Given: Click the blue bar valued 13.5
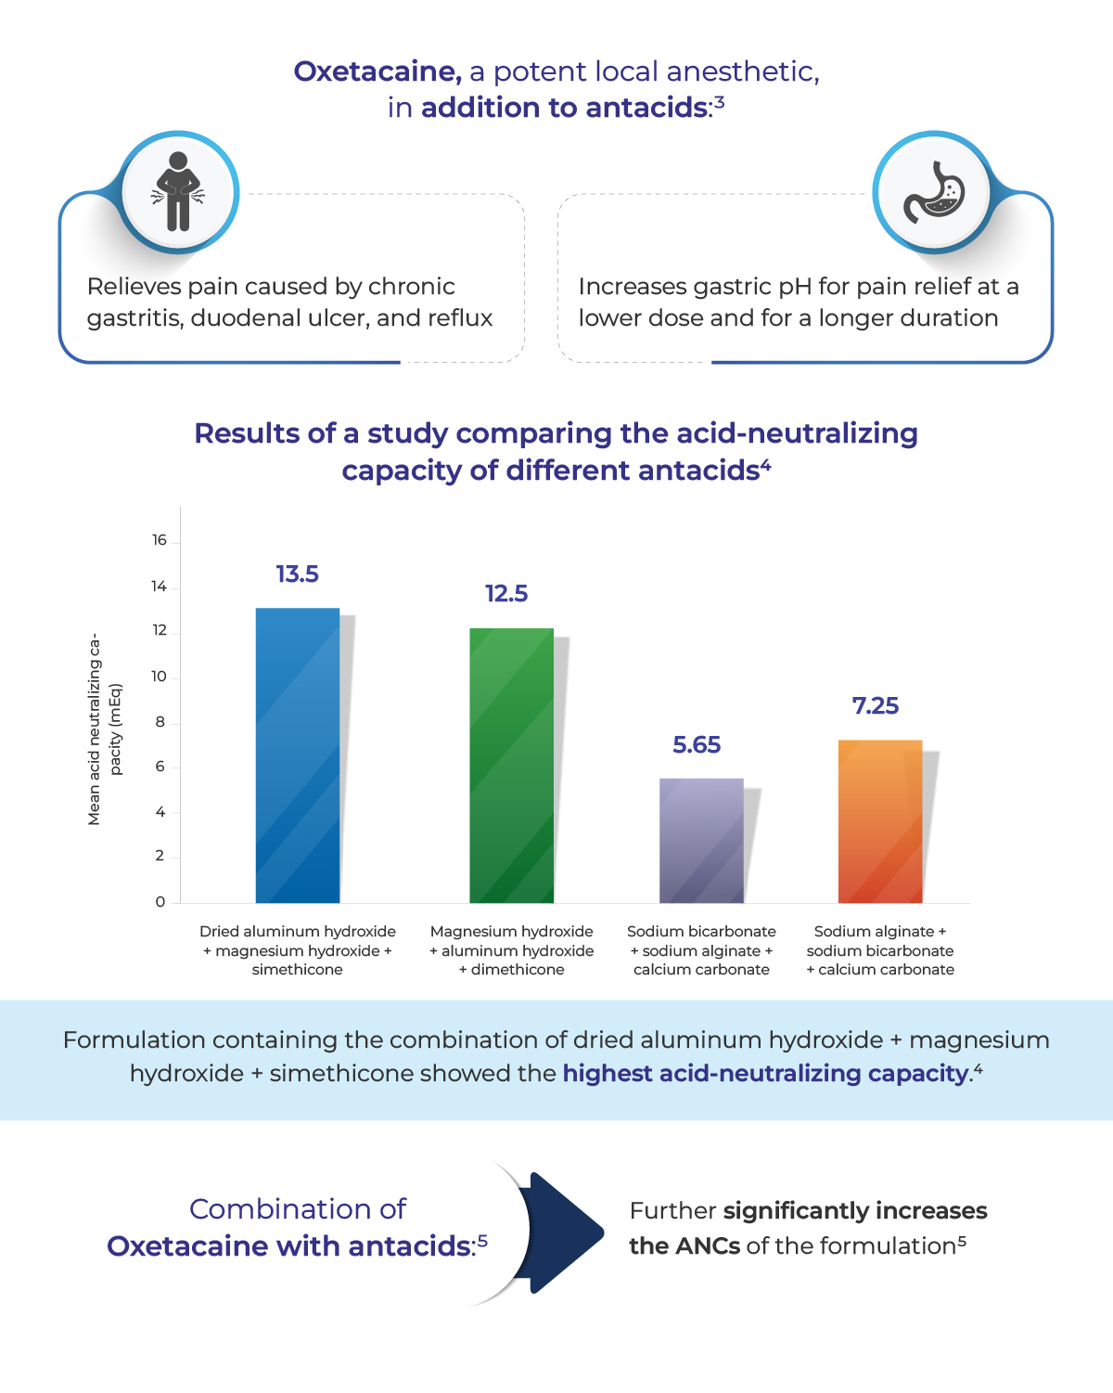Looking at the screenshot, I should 298,755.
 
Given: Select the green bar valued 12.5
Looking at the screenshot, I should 511,766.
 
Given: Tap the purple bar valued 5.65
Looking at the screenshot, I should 701,840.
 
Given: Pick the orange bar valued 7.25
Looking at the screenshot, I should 880,821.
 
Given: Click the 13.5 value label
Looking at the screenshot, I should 297,574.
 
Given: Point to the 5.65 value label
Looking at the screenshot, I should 697,745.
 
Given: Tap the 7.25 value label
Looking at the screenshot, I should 876,706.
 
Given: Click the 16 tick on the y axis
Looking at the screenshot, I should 160,540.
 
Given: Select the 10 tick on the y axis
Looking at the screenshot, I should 160,677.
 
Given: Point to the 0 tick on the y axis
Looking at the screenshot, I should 160,901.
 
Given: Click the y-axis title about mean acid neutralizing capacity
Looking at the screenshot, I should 104,729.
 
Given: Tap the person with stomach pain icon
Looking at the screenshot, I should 177,191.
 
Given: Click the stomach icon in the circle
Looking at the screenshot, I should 934,191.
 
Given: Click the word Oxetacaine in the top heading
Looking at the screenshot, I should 377,71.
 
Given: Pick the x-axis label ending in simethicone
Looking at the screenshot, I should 298,950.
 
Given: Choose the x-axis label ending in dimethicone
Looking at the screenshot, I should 511,950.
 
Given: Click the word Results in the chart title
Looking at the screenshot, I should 248,433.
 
